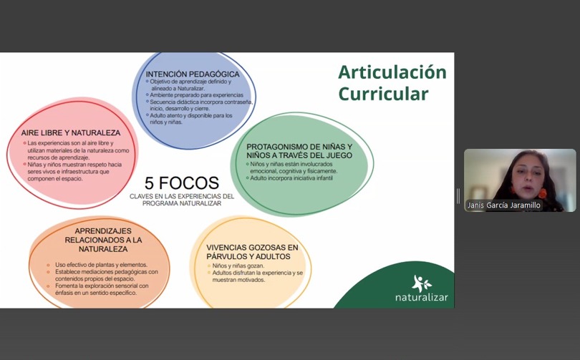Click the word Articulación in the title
[392, 72]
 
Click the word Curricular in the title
[383, 94]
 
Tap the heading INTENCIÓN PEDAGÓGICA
[193, 74]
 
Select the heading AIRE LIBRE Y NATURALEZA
[71, 132]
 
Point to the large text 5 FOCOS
[182, 183]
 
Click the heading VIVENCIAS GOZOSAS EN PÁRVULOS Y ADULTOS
[252, 252]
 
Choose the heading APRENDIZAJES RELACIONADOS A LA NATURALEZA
[103, 240]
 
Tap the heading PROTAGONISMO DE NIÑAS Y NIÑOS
[299, 151]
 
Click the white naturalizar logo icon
[422, 283]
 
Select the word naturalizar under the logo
[422, 297]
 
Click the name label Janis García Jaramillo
[504, 205]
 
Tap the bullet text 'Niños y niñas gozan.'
[238, 266]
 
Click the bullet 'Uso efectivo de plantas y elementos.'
[102, 265]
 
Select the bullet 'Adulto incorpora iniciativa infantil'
[291, 178]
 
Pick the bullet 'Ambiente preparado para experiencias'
[196, 95]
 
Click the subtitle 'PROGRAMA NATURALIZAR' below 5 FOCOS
[182, 203]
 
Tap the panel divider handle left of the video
[458, 196]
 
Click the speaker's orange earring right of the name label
[543, 193]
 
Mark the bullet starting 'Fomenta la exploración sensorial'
[102, 289]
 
